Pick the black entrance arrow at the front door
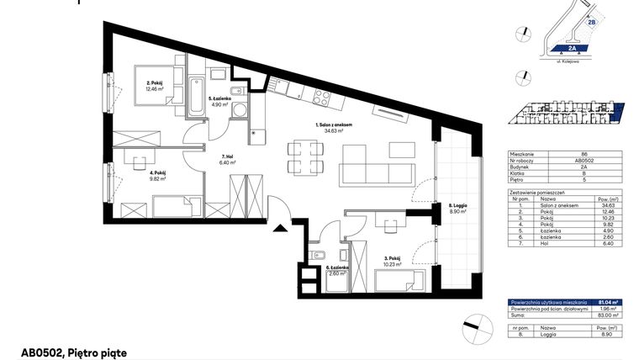coord(281,225)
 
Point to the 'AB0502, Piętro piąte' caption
coord(74,352)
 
